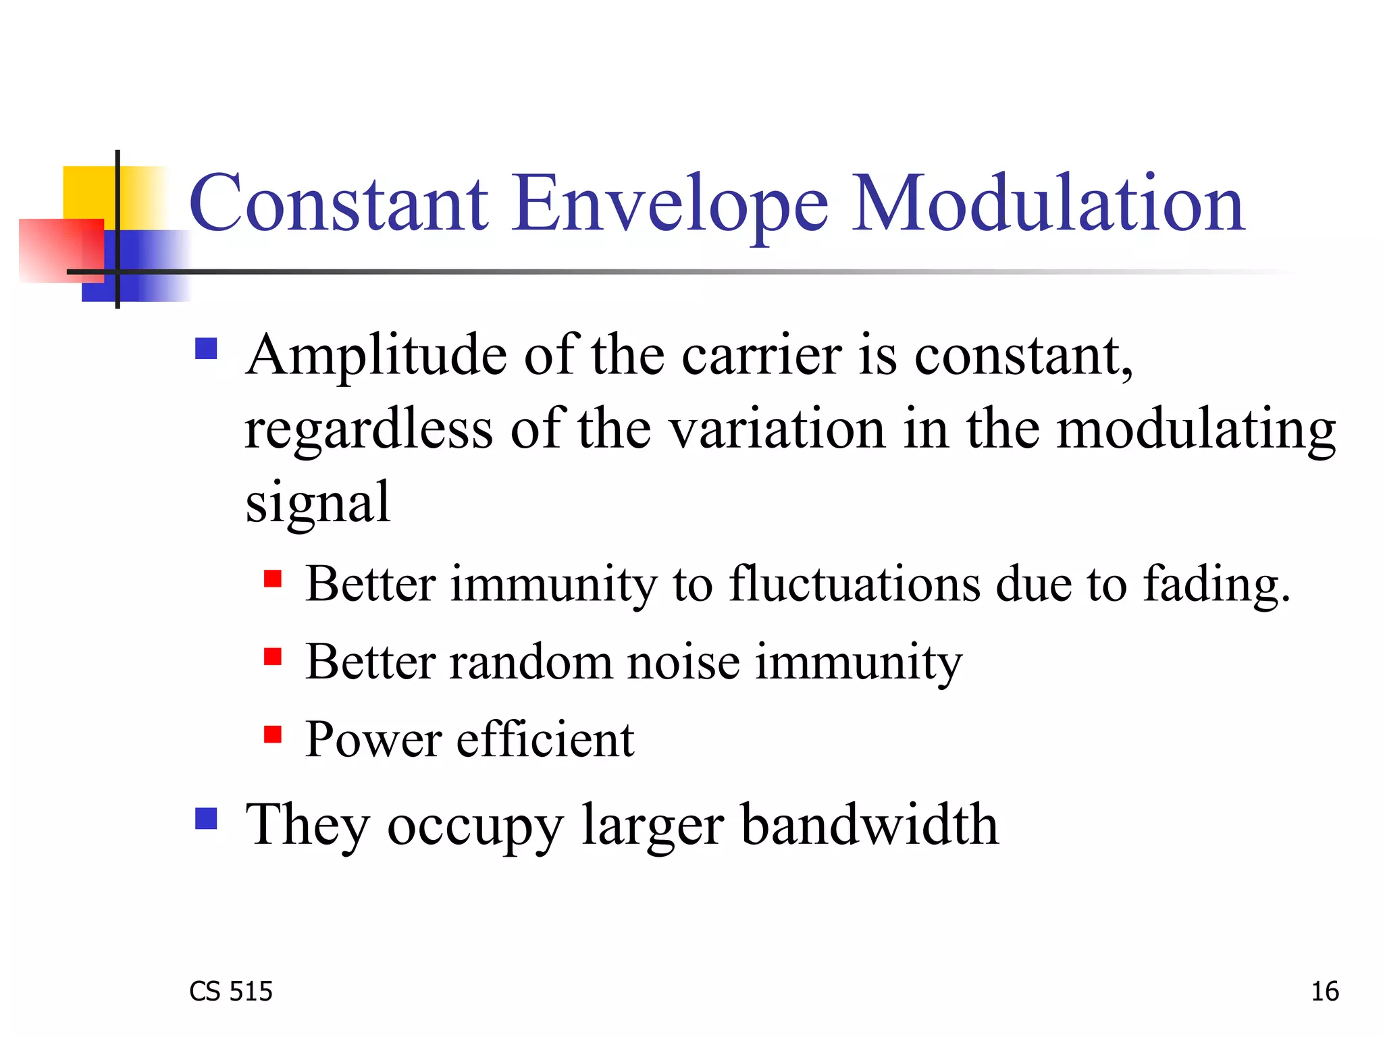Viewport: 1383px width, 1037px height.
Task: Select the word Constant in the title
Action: [338, 203]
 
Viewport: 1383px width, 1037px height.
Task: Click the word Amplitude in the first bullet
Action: [376, 356]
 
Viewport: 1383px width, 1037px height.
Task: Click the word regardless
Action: [368, 430]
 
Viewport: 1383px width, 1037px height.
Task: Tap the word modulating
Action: [1195, 430]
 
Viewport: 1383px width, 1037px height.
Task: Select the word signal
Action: [317, 503]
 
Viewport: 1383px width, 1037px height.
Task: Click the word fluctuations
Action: [854, 583]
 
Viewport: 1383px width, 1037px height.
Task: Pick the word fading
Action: [1216, 585]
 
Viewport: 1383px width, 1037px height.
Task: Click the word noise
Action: [683, 662]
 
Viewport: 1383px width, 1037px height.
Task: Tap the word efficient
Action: [545, 739]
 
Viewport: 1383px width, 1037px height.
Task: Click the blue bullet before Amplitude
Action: [206, 349]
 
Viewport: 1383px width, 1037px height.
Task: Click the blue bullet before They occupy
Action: [206, 818]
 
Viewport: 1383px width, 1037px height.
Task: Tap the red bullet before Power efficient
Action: [272, 734]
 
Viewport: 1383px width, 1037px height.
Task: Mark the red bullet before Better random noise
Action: [272, 656]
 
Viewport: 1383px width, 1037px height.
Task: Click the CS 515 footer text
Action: [230, 991]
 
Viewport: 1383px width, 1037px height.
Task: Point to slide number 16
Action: [1324, 991]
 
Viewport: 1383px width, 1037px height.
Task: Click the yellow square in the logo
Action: [88, 192]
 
